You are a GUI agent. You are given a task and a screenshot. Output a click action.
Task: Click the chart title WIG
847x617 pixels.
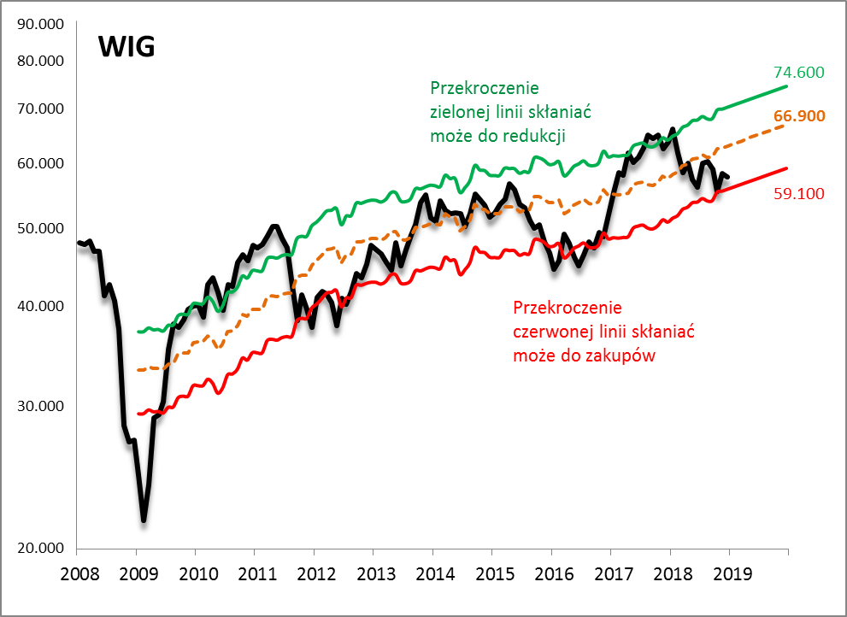[x=126, y=47]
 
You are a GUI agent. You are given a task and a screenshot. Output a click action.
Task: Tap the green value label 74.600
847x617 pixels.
[x=798, y=73]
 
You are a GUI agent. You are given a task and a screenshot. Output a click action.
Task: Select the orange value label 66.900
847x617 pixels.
[x=798, y=116]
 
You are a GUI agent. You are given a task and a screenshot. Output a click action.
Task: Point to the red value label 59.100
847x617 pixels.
[x=798, y=194]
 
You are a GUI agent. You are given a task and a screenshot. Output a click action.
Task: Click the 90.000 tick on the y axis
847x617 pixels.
[x=41, y=24]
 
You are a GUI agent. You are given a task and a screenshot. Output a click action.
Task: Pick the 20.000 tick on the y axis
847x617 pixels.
[x=41, y=548]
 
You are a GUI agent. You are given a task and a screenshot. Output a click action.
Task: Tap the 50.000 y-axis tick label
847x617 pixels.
[x=41, y=228]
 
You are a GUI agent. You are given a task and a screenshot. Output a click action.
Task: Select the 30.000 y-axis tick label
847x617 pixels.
[x=41, y=405]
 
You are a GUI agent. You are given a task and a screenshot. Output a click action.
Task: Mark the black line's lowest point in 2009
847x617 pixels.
[x=144, y=520]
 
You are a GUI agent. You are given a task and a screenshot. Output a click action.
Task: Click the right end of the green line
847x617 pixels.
[x=786, y=86]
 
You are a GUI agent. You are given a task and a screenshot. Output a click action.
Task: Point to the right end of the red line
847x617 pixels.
[x=786, y=168]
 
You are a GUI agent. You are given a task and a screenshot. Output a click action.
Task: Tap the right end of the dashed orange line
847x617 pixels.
[x=785, y=125]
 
